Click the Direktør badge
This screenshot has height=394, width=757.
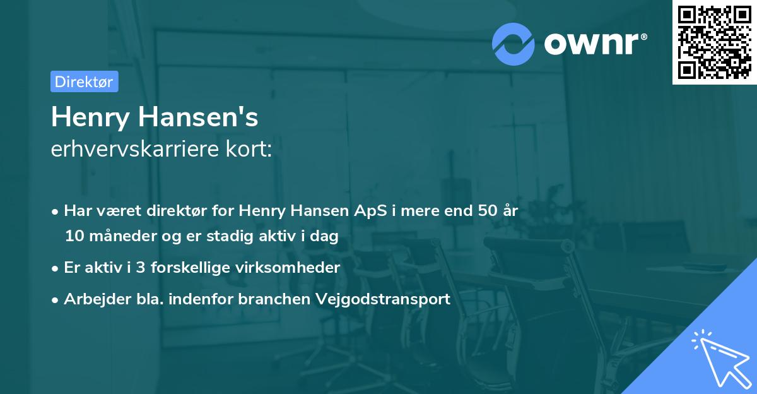[84, 81]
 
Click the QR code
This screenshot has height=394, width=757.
[714, 42]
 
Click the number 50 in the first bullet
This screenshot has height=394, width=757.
[487, 211]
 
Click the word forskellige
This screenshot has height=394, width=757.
[193, 268]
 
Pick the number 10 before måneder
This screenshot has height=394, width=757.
[74, 237]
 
